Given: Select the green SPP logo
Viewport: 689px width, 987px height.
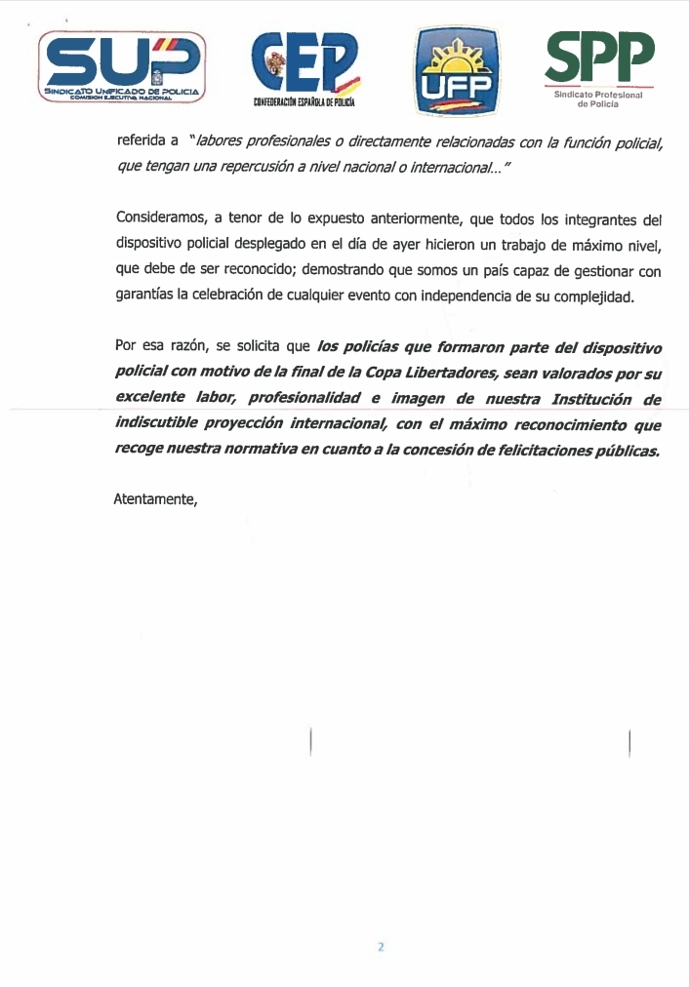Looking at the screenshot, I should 598,59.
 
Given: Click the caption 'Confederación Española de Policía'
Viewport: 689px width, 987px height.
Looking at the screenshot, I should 304,101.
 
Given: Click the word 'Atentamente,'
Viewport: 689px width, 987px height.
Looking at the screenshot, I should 156,499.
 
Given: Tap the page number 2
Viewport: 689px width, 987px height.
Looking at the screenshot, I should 382,947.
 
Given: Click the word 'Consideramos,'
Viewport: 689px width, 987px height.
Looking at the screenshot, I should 158,218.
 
